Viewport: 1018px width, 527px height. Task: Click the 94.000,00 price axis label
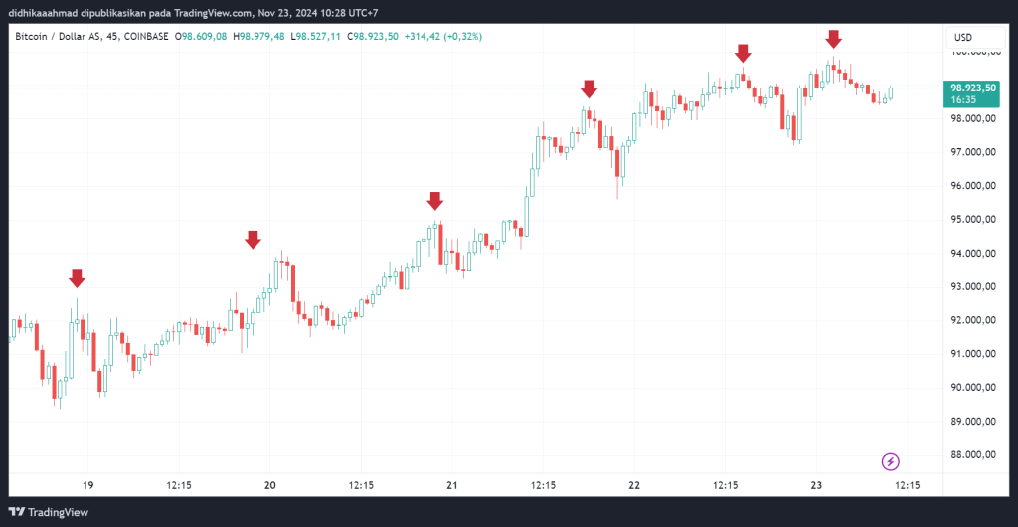(973, 254)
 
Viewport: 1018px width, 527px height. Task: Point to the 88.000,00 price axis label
(973, 455)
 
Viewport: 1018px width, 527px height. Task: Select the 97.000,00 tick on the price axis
(973, 153)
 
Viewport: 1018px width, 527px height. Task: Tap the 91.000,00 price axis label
(973, 354)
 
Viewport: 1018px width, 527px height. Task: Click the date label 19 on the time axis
(87, 485)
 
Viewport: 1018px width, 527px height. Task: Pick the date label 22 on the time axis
(634, 485)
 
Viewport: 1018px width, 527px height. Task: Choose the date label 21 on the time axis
(451, 485)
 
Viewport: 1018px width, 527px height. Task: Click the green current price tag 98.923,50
(973, 88)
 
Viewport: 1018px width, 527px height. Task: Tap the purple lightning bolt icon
(892, 461)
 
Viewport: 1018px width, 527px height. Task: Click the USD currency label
(962, 37)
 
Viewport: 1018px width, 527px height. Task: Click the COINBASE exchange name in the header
(144, 36)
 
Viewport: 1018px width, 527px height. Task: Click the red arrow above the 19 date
(77, 277)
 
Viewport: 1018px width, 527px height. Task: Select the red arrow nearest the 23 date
(834, 39)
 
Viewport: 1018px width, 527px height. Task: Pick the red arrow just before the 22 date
(590, 88)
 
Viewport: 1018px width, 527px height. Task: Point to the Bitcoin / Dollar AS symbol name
(60, 36)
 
